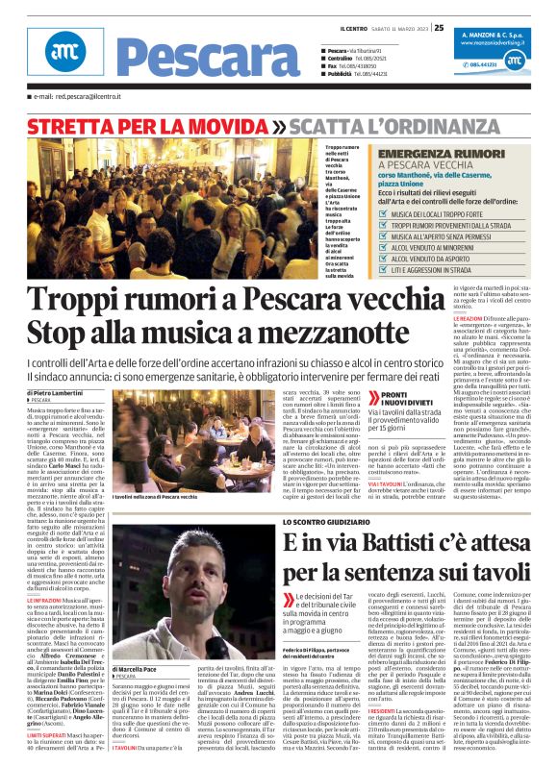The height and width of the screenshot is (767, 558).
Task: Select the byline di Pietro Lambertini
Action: [x=55, y=393]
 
